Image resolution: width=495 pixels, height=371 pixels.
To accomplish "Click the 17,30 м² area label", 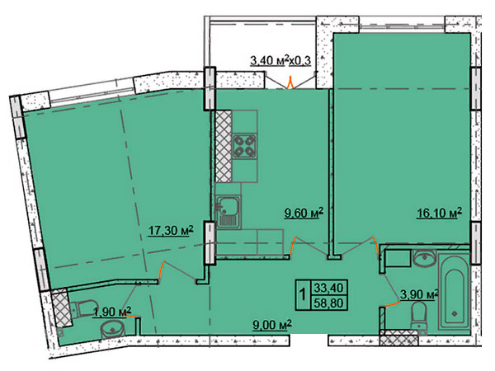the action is click(171, 231).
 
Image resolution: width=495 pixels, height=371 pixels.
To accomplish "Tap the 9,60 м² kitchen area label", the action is click(304, 213).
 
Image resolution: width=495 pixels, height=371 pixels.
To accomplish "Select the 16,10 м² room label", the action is click(439, 213).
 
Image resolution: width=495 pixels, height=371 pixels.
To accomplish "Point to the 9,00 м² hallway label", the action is click(272, 326).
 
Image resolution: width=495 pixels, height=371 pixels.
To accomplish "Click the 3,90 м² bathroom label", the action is click(419, 294).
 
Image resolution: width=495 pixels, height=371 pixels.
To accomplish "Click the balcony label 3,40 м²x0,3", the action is click(280, 60).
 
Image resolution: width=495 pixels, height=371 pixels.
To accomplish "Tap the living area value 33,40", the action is click(328, 288).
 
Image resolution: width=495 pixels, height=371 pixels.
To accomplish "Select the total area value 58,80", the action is click(328, 303).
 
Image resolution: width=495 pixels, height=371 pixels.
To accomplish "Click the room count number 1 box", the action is click(303, 295).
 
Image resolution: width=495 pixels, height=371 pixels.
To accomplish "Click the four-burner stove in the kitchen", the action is click(245, 146).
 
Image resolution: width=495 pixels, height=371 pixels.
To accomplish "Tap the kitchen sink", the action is click(228, 212).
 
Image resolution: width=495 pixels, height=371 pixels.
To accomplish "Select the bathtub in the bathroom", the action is click(455, 291).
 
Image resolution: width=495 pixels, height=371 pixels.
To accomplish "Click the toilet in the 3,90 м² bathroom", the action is click(420, 316).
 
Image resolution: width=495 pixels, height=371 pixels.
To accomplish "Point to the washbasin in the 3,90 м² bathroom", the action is click(424, 259).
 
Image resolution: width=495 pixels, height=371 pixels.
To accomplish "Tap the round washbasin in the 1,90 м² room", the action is click(113, 330).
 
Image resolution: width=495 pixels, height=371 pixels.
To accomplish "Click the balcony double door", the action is click(290, 81).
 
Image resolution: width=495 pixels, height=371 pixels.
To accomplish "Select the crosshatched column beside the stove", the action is click(224, 146).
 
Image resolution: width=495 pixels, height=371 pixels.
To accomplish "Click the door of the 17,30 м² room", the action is click(178, 270).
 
